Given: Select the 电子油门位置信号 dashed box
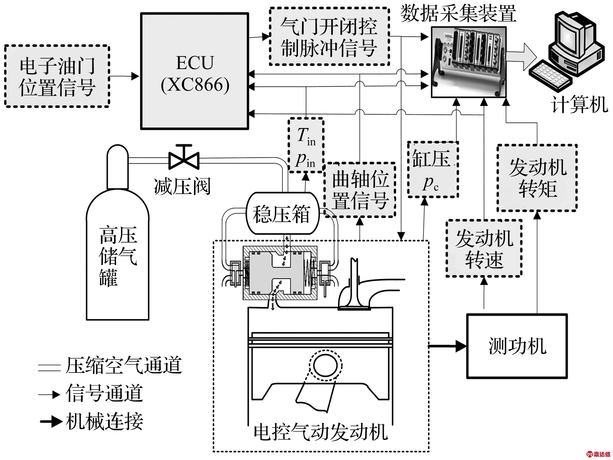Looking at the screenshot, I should pyautogui.click(x=57, y=76).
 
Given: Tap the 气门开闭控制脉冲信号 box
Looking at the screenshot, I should pyautogui.click(x=329, y=37).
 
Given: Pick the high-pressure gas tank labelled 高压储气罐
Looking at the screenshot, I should pyautogui.click(x=118, y=249).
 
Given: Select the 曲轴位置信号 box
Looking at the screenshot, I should pyautogui.click(x=360, y=190).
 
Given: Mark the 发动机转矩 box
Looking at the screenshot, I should pyautogui.click(x=537, y=178).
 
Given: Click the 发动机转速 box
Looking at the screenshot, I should pyautogui.click(x=484, y=248).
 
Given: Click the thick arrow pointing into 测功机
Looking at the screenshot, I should pyautogui.click(x=448, y=346).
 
